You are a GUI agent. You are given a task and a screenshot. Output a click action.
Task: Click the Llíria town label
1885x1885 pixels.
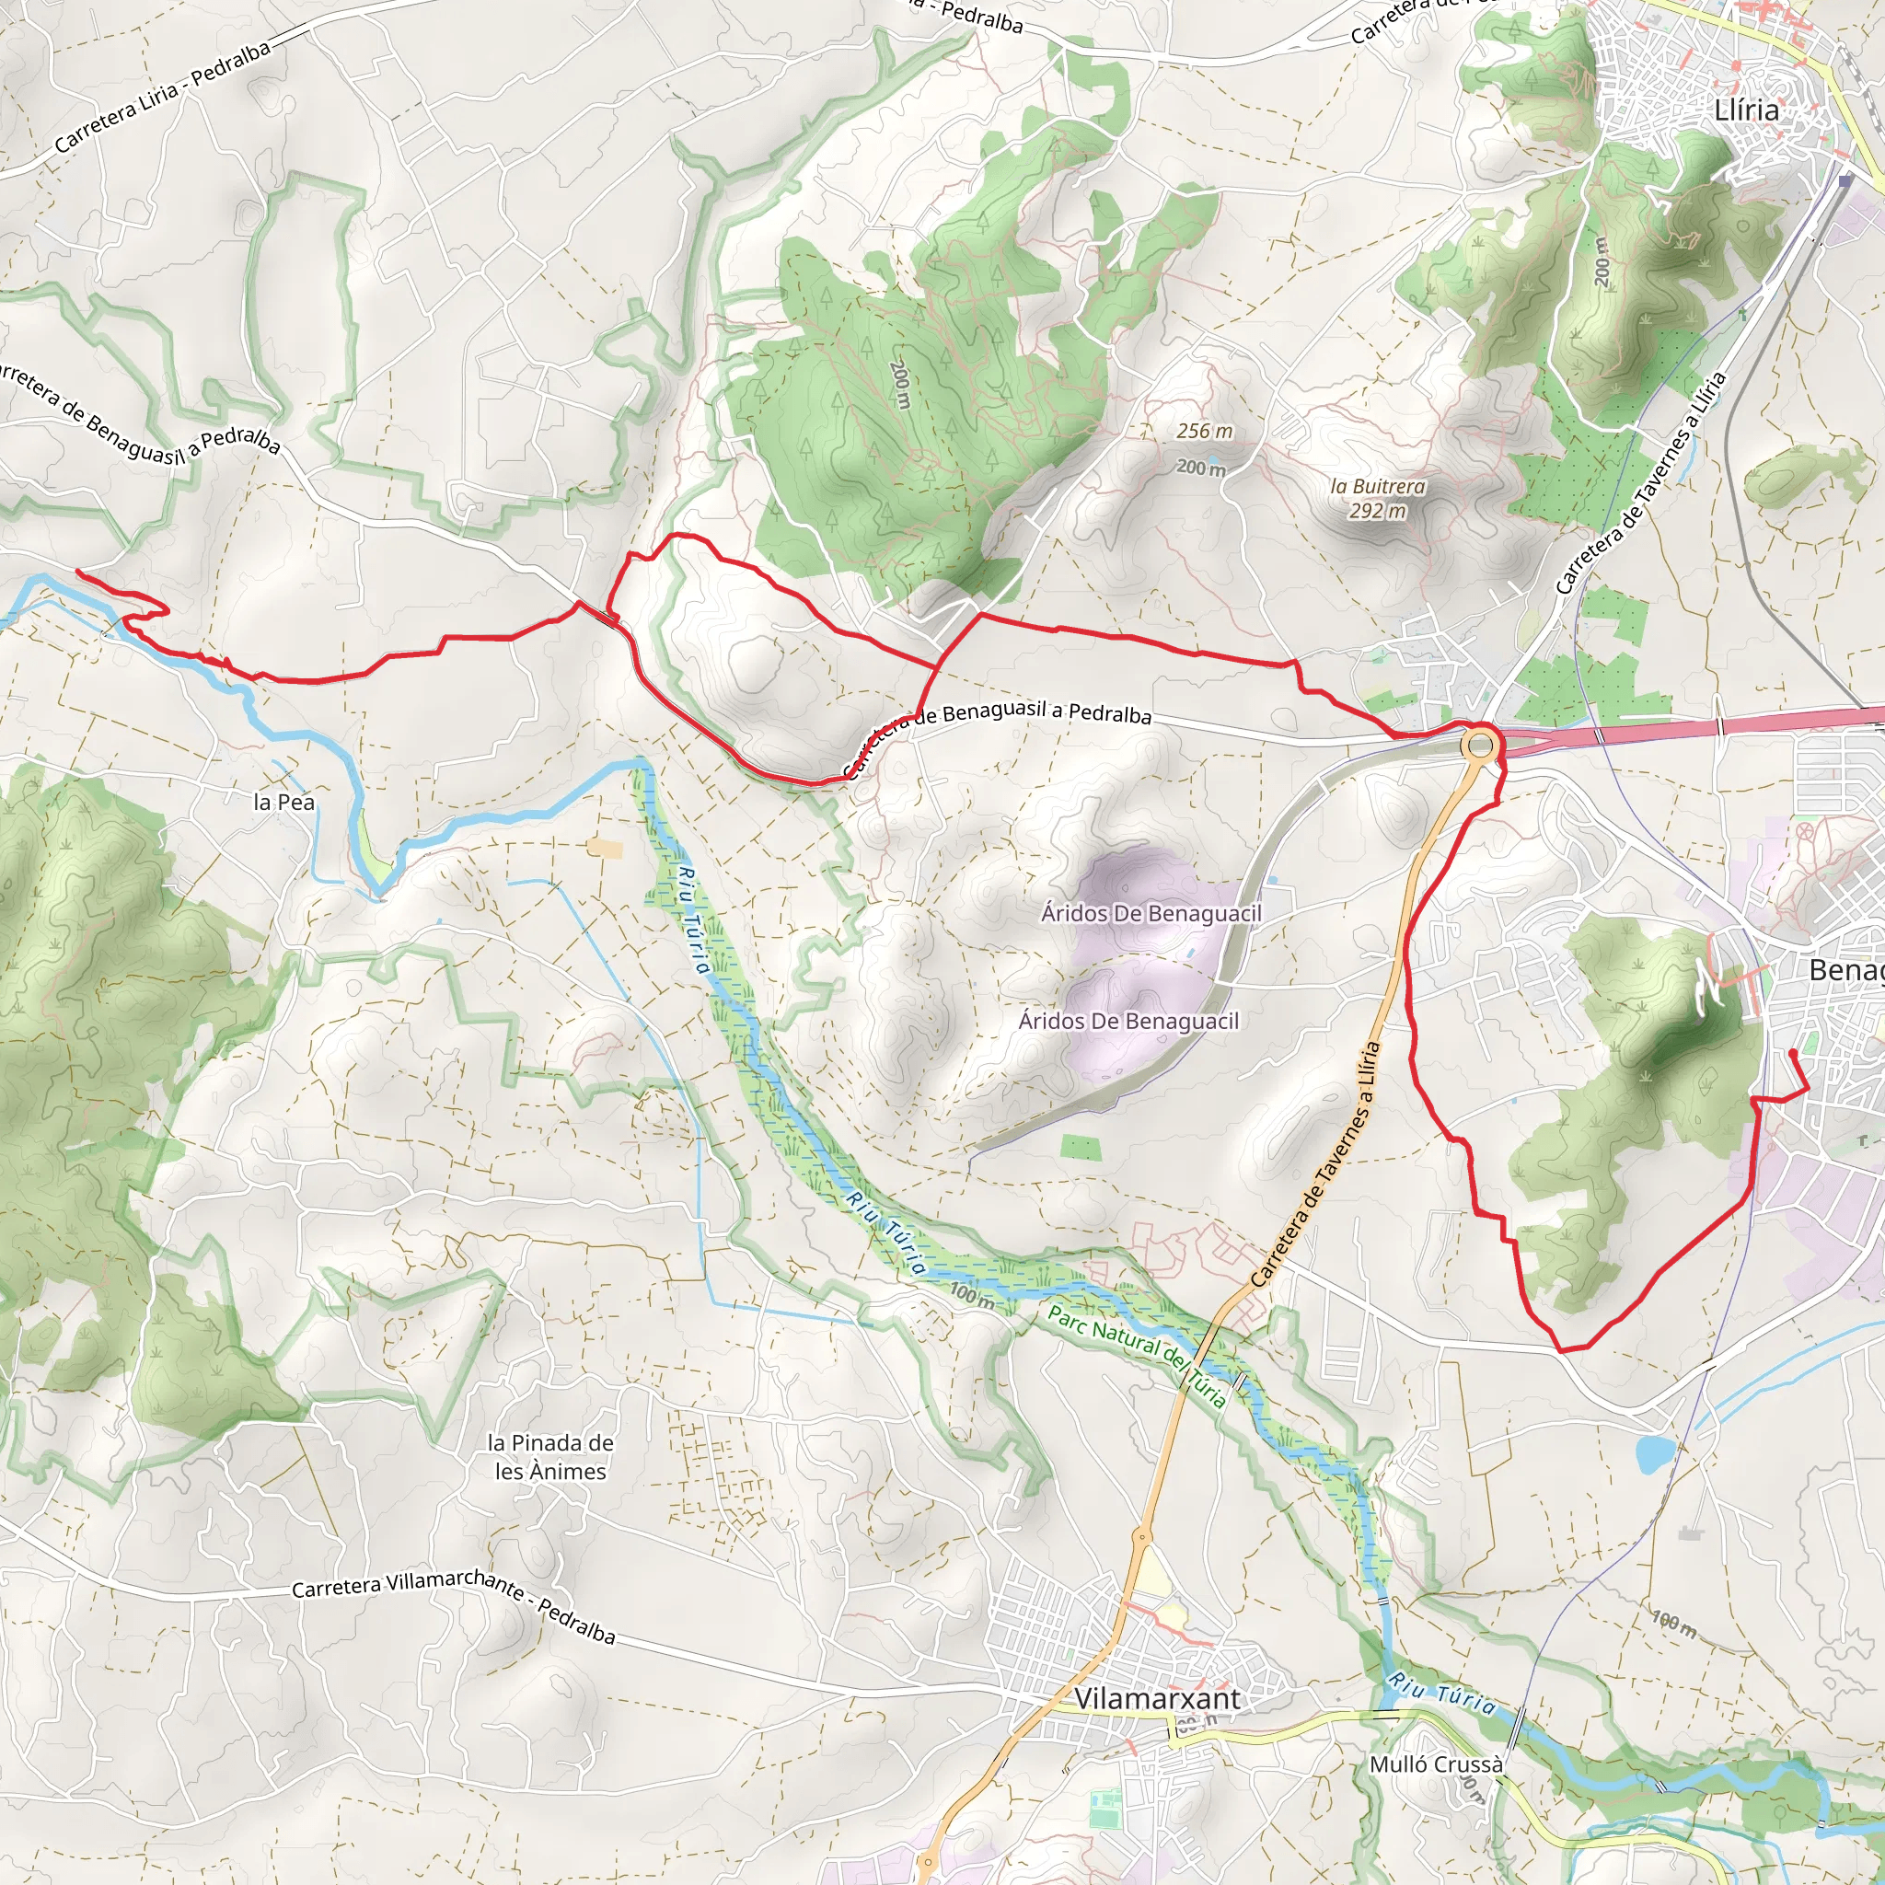1746,110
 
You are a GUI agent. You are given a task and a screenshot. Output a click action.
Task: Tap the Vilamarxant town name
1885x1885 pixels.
1157,1699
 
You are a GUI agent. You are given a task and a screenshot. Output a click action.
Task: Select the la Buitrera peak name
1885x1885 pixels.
1378,486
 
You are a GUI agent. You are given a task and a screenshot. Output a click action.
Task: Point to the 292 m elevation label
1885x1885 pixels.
1378,510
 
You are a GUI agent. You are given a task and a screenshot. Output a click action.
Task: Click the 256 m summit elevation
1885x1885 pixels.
1204,430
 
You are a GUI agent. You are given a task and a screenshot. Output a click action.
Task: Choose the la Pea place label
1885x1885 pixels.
283,802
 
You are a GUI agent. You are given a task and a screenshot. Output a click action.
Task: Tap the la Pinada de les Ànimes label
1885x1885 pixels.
550,1457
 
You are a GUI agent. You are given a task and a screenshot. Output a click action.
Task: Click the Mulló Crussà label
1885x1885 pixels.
1436,1764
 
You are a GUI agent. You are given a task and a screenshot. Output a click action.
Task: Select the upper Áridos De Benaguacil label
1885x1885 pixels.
1151,913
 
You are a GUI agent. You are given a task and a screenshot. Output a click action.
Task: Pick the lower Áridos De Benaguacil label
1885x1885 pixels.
1128,1021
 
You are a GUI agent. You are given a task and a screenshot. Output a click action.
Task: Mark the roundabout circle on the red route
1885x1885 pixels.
1479,746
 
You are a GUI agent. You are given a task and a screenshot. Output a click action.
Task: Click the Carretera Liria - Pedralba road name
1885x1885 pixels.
162,97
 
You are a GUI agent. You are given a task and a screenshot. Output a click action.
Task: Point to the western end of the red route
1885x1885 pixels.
77,571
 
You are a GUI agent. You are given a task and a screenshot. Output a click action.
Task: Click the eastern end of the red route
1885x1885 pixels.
1792,1053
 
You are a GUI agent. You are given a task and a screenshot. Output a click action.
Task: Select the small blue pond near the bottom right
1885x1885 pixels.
1656,1453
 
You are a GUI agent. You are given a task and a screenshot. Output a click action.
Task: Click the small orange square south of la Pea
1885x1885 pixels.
605,848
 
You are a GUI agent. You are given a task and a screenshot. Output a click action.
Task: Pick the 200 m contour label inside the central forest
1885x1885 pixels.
899,385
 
